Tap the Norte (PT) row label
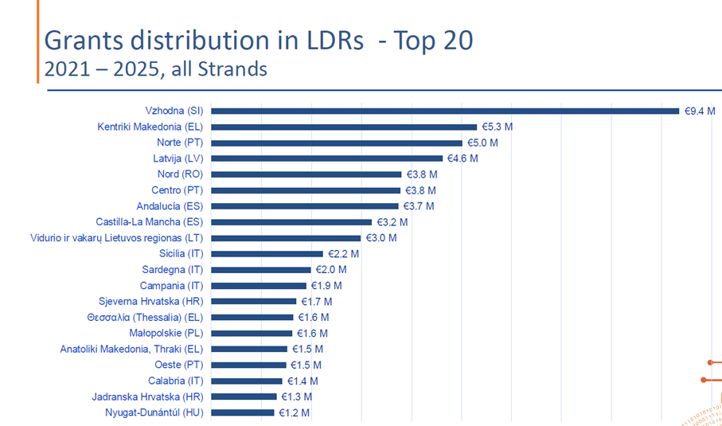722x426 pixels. coord(181,143)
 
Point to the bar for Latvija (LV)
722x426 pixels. coord(326,158)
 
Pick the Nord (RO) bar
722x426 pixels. coord(306,174)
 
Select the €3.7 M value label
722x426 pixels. coord(419,206)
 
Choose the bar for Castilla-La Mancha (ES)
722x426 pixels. coord(291,222)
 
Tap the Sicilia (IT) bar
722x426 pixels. coord(267,254)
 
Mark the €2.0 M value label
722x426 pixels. coord(328,270)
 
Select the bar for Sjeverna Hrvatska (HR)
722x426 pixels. coord(254,301)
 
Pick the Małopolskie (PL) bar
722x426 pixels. coord(252,333)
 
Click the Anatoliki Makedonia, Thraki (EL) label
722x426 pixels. coord(132,349)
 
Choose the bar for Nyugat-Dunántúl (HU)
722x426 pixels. coord(242,412)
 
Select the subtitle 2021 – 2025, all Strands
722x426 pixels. coord(155,69)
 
